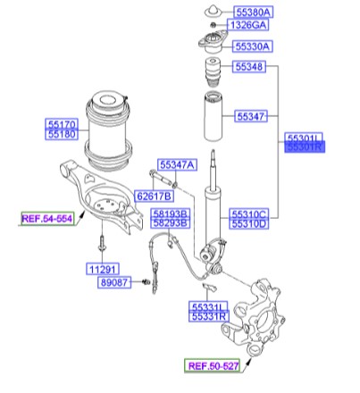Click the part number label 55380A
pyautogui.click(x=255, y=13)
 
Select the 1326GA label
pyautogui.click(x=253, y=28)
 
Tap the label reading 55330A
pyautogui.click(x=255, y=46)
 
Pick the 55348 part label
pyautogui.click(x=250, y=67)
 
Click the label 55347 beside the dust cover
pyautogui.click(x=250, y=116)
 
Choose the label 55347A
pyautogui.click(x=177, y=164)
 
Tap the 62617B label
pyautogui.click(x=154, y=196)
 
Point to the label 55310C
pyautogui.click(x=249, y=214)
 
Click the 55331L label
pyautogui.click(x=209, y=306)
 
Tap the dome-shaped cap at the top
pyautogui.click(x=213, y=10)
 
